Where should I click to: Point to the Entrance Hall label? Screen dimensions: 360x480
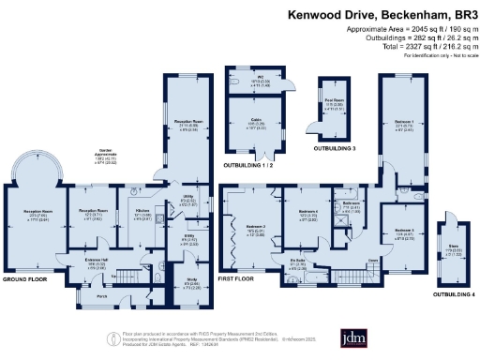point(97,261)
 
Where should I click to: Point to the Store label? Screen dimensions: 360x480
point(451,249)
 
